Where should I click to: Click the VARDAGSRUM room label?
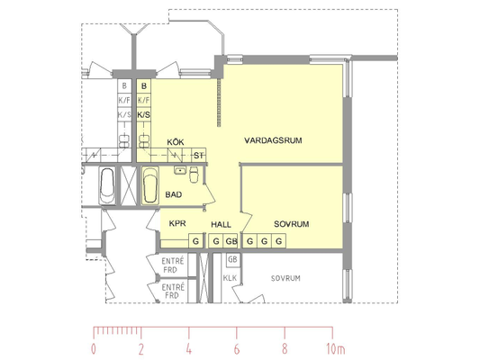[x=273, y=140]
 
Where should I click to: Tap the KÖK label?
[x=176, y=142]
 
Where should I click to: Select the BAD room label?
[x=174, y=194]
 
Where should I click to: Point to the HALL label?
[x=221, y=225]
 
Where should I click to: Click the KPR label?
[x=177, y=223]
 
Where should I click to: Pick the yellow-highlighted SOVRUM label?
[x=292, y=224]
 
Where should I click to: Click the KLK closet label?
[x=230, y=278]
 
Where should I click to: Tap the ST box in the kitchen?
[x=198, y=156]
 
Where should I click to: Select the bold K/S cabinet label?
[x=143, y=115]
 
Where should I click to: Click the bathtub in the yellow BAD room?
[x=150, y=185]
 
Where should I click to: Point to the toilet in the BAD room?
[x=194, y=175]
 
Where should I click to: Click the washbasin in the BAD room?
[x=180, y=170]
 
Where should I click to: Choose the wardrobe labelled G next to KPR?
[x=195, y=241]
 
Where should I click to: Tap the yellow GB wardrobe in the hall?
[x=231, y=241]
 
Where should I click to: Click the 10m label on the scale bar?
[x=336, y=349]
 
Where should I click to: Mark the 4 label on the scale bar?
[x=189, y=349]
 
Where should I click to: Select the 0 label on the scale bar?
[x=94, y=349]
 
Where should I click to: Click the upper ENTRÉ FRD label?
[x=173, y=265]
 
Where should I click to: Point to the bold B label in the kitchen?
[x=144, y=86]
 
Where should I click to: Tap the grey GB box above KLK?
[x=232, y=260]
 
